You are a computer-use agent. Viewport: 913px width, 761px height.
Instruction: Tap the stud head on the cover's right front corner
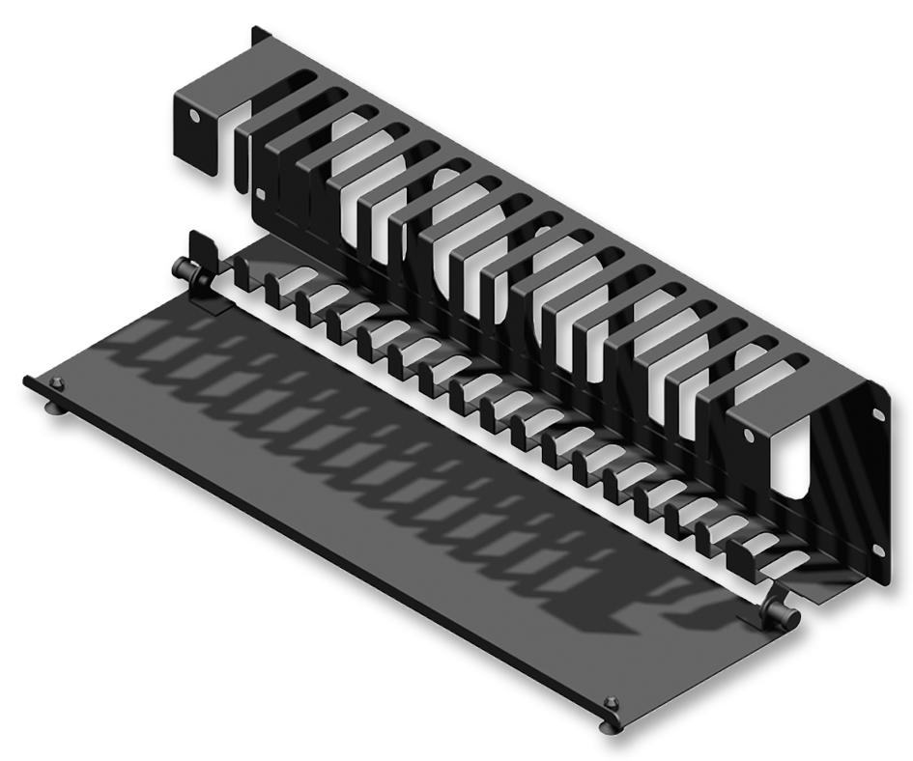(608, 702)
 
